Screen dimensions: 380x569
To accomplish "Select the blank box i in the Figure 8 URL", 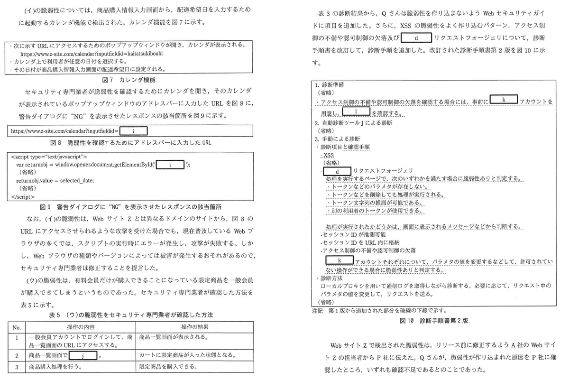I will click(134, 130).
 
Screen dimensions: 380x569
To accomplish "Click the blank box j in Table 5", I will click(83, 355).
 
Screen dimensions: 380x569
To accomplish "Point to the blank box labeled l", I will click(355, 111).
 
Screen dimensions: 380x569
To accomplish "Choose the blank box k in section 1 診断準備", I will click(504, 100).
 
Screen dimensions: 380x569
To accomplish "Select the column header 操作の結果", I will click(194, 327).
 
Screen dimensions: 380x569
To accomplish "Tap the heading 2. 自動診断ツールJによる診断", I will click(354, 123).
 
